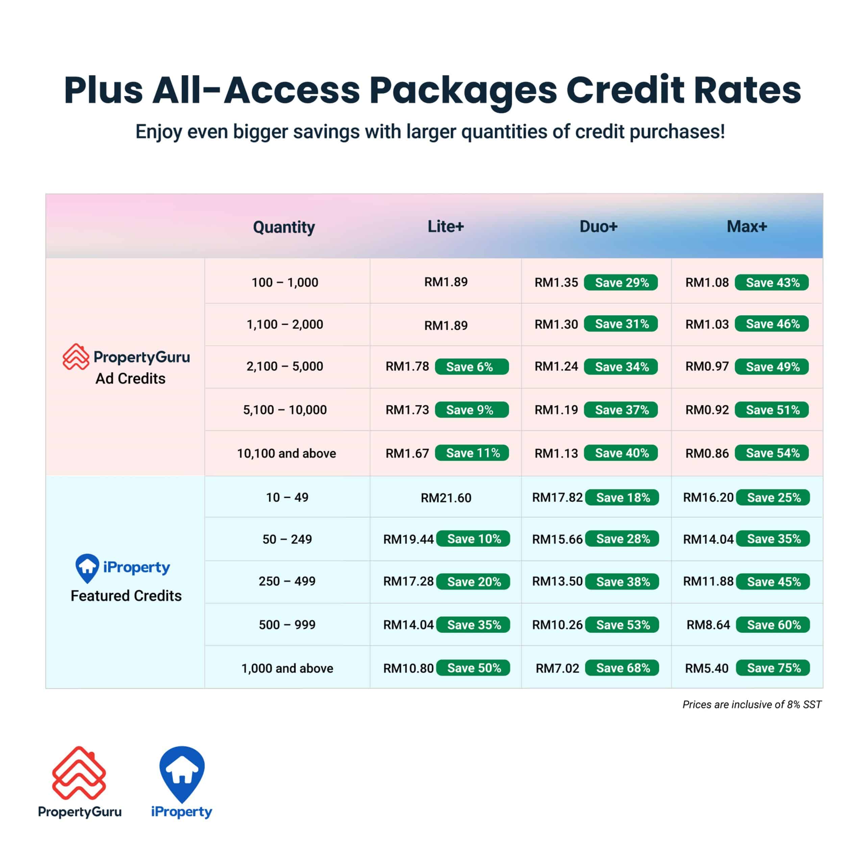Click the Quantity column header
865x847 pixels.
284,227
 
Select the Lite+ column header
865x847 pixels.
446,226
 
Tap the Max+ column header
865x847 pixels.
747,226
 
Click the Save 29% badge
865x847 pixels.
621,283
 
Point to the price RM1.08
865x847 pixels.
707,283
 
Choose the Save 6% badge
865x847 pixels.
471,367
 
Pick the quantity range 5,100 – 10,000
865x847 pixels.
285,410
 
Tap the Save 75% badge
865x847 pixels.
773,668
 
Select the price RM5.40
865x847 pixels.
707,668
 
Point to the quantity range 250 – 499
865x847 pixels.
287,581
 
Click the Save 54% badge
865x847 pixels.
772,453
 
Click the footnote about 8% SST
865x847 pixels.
751,705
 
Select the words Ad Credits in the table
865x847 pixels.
130,379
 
